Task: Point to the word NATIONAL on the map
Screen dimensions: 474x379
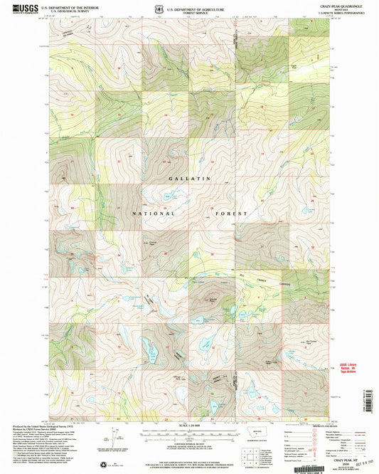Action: (154, 213)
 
